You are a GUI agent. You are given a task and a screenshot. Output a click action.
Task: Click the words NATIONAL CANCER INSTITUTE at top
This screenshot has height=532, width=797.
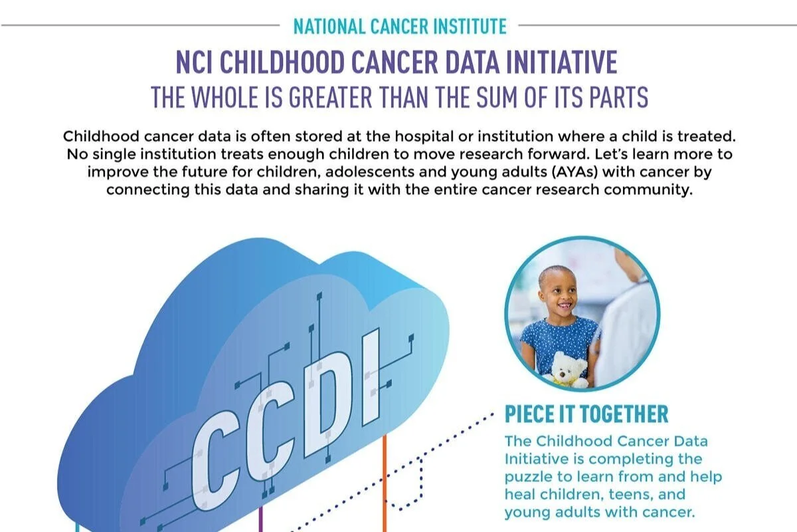(400, 27)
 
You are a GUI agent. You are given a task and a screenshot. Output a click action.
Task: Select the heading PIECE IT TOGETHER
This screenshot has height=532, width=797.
(586, 414)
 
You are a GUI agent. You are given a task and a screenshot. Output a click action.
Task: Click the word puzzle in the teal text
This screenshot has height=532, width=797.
(526, 477)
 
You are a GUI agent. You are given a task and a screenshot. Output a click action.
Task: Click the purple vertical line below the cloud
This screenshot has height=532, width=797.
(260, 515)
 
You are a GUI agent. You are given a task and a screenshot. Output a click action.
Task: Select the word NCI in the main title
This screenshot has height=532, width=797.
(197, 63)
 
